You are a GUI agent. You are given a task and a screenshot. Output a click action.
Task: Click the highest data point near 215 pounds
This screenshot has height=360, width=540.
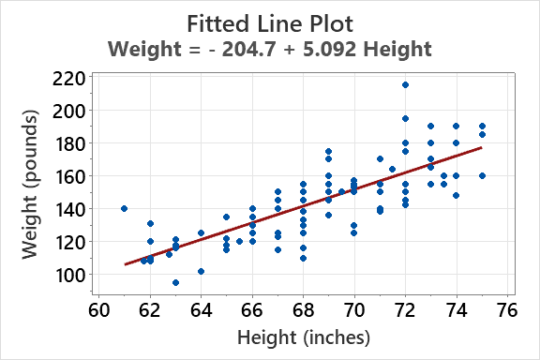[405, 85]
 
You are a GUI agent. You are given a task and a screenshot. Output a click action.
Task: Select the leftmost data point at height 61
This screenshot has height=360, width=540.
[124, 208]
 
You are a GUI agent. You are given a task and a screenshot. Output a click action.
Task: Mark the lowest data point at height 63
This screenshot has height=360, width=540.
[175, 282]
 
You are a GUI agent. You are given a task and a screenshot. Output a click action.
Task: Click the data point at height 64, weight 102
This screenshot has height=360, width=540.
[201, 271]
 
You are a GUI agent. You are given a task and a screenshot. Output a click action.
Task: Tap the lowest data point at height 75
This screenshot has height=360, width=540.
[482, 175]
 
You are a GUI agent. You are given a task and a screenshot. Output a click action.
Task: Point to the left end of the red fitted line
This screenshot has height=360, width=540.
[126, 264]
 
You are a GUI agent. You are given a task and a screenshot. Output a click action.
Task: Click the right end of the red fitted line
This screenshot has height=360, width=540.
[481, 147]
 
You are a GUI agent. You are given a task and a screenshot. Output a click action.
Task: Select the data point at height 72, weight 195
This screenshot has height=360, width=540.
[405, 118]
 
